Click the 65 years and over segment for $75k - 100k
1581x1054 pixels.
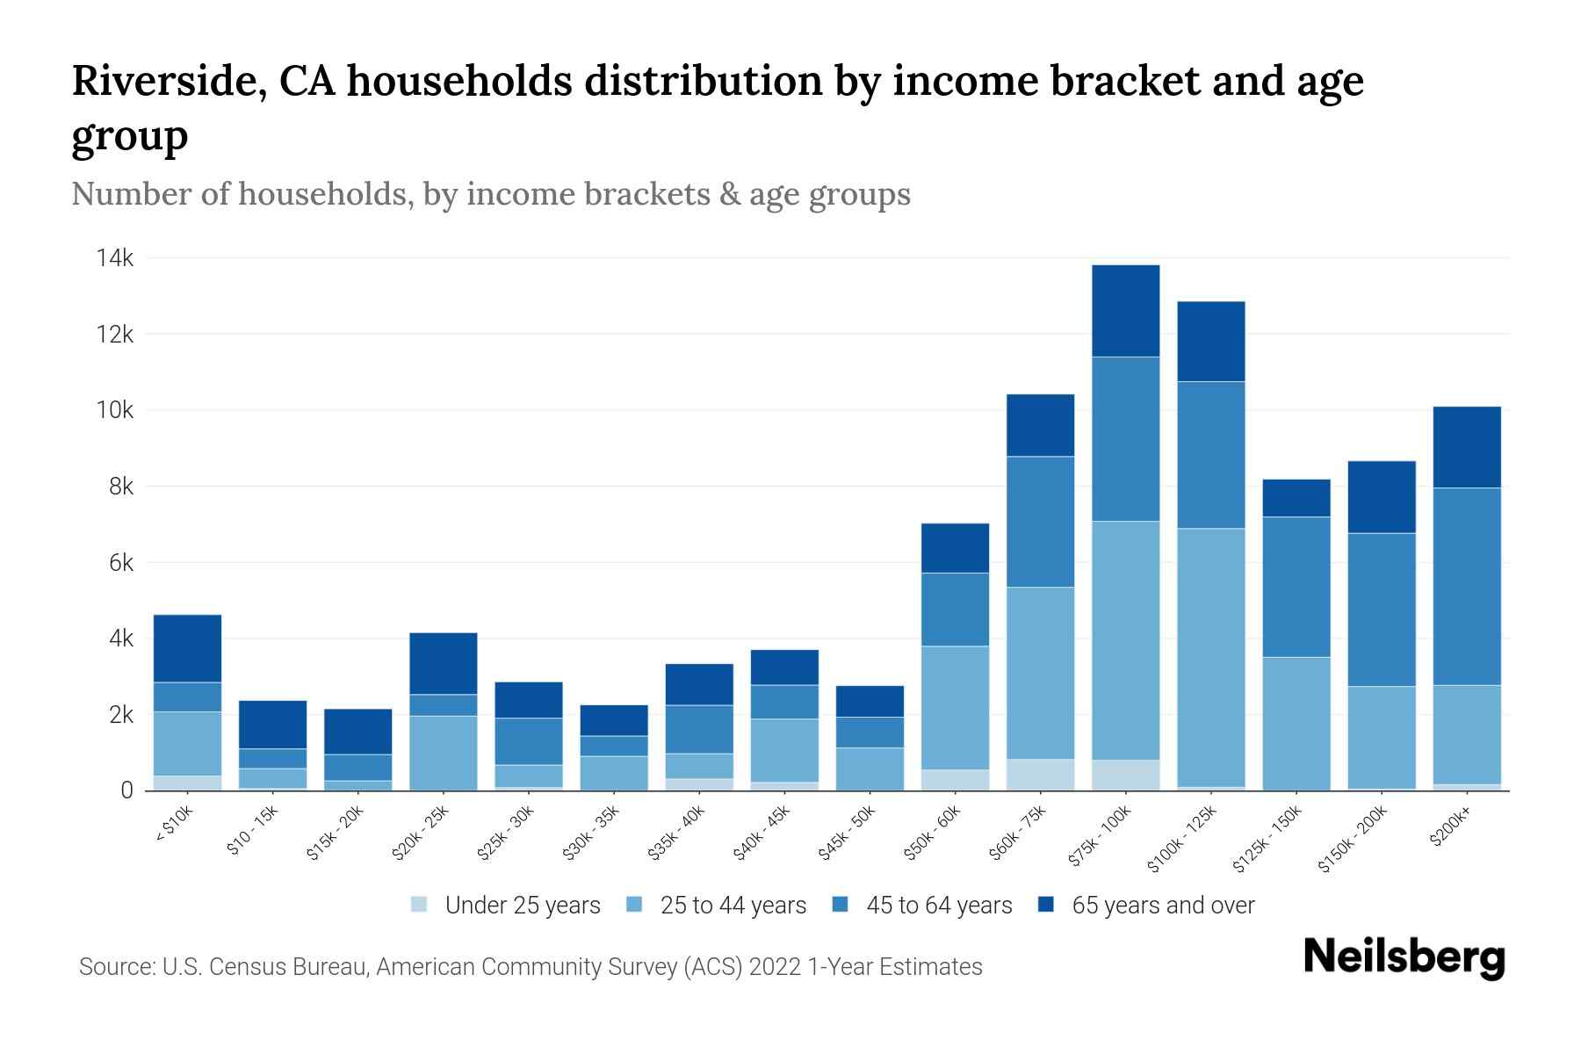pyautogui.click(x=1125, y=311)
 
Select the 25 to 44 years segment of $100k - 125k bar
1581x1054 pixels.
pyautogui.click(x=1210, y=657)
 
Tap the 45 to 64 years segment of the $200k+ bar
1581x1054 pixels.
pyautogui.click(x=1466, y=586)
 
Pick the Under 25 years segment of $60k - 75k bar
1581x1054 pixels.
pyautogui.click(x=1040, y=775)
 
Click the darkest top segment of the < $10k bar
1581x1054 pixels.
pyautogui.click(x=187, y=648)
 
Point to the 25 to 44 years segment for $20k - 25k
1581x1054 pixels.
pyautogui.click(x=443, y=753)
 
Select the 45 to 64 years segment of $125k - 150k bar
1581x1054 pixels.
pyautogui.click(x=1296, y=587)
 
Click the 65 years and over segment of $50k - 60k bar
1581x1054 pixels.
pyautogui.click(x=955, y=548)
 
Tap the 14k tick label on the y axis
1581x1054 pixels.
pyautogui.click(x=115, y=258)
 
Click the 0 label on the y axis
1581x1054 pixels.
pyautogui.click(x=127, y=790)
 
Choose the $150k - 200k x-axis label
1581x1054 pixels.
pyautogui.click(x=1353, y=839)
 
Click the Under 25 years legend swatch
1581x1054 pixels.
pyautogui.click(x=420, y=904)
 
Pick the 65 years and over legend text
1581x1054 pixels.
pyautogui.click(x=1163, y=906)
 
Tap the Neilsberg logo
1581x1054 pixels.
pyautogui.click(x=1404, y=957)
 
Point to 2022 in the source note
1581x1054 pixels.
pyautogui.click(x=775, y=967)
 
